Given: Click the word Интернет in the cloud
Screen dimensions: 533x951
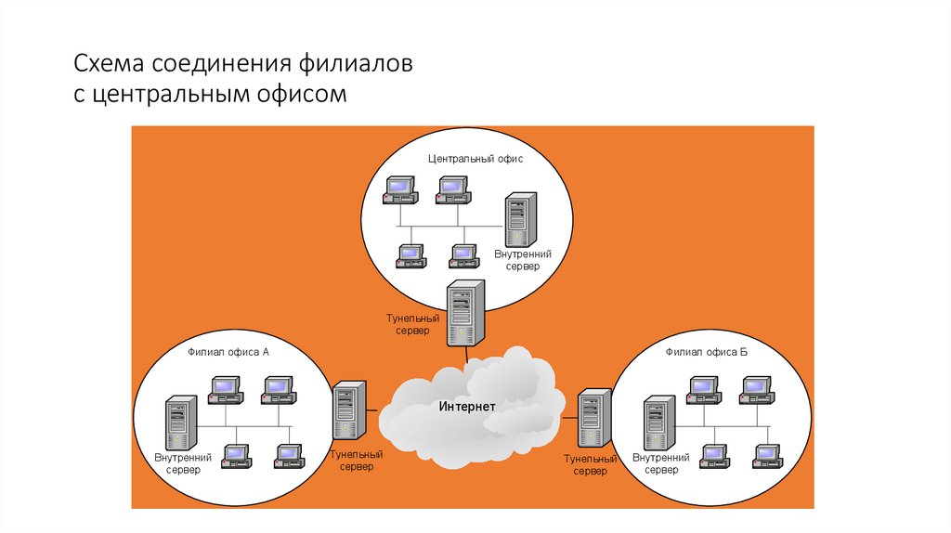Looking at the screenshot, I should click(x=467, y=407).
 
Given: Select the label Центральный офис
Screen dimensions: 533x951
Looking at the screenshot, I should click(x=475, y=159).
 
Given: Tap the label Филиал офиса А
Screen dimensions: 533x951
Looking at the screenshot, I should click(x=228, y=352).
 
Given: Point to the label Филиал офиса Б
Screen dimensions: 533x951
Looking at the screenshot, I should click(x=707, y=352).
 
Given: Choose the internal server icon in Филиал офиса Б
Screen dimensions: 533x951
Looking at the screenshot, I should click(x=659, y=423).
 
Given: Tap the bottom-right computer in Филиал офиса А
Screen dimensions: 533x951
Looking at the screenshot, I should click(x=289, y=456).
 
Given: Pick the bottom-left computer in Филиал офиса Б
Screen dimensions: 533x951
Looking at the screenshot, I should click(x=714, y=456).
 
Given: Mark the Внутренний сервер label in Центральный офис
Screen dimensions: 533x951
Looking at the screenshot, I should click(x=523, y=260).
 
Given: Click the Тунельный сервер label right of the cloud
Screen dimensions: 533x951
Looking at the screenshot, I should click(x=591, y=465).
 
